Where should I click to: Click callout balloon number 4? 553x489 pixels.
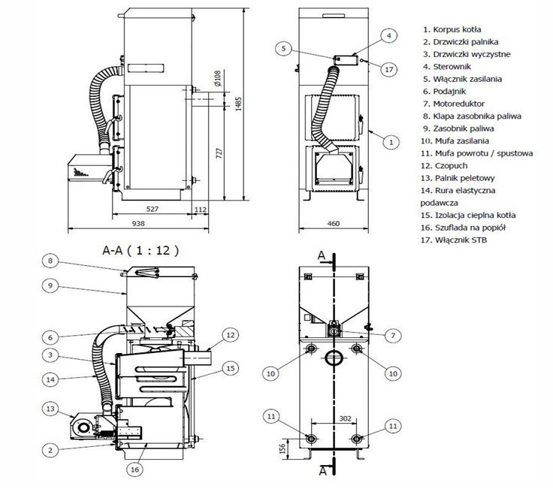click(x=388, y=35)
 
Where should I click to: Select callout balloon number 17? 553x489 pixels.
click(x=388, y=69)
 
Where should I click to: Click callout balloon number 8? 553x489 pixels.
click(x=50, y=261)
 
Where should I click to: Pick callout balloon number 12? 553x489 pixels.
click(x=231, y=334)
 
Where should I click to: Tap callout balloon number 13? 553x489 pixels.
click(x=50, y=409)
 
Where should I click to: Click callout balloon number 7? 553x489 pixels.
click(x=388, y=336)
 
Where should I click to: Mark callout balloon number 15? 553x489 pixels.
click(x=230, y=368)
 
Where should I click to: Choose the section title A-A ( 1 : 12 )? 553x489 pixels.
click(x=145, y=249)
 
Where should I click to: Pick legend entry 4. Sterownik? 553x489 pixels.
click(x=450, y=66)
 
